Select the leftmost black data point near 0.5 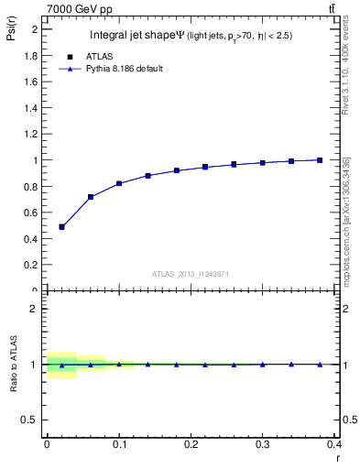61,226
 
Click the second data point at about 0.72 91,197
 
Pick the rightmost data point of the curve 320,160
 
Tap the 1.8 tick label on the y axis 31,55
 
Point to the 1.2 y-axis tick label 31,134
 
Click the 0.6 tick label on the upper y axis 31,213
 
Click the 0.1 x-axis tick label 118,443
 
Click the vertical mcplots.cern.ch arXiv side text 346,220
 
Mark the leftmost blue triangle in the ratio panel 61,365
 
